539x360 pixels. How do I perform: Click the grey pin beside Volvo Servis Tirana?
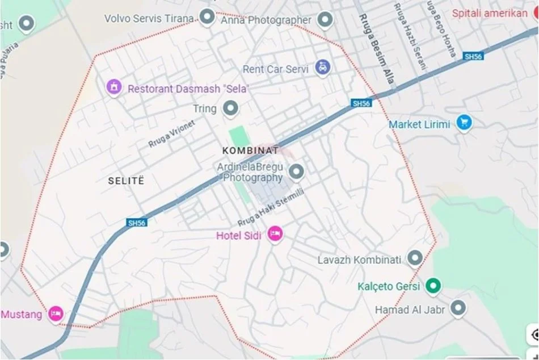point(208,18)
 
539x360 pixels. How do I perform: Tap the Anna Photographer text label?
point(266,20)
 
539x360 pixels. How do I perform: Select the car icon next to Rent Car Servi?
point(323,68)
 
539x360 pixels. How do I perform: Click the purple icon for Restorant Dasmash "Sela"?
point(115,88)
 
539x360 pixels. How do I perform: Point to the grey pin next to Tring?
point(230,108)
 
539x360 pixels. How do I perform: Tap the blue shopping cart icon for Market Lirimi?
point(464,123)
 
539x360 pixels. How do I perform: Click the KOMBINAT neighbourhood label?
point(251,150)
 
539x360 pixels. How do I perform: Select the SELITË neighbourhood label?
point(126,181)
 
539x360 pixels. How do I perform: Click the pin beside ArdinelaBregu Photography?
point(296,170)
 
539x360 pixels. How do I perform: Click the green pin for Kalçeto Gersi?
point(434,286)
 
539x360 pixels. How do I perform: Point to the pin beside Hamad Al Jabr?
point(457,309)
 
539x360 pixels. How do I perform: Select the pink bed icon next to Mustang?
point(55,313)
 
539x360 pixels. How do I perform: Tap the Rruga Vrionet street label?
point(171,134)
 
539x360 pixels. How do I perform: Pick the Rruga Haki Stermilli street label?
point(271,207)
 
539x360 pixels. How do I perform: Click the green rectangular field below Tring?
point(237,137)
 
